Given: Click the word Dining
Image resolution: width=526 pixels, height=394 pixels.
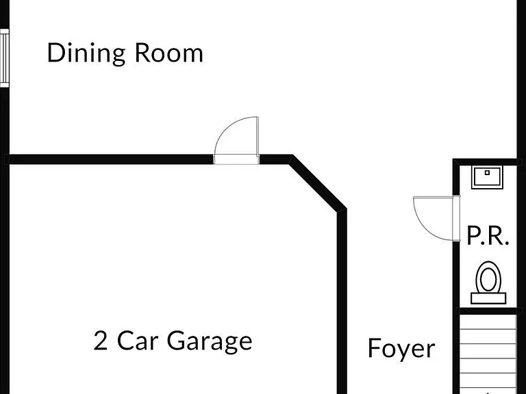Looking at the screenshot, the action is [x=86, y=53].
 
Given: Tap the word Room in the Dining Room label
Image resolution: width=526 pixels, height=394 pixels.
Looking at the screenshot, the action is [x=169, y=53].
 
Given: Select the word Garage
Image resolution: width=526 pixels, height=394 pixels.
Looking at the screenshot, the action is [x=210, y=341].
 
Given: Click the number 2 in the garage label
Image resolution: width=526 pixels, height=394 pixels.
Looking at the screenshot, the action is [x=100, y=341].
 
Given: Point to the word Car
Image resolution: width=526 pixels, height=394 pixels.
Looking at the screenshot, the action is [x=138, y=341].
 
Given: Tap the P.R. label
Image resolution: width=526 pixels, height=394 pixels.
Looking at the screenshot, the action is [x=488, y=236].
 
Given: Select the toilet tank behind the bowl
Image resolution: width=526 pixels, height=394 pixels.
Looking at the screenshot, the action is [x=488, y=298].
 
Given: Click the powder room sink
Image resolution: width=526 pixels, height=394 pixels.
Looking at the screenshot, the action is [x=487, y=177].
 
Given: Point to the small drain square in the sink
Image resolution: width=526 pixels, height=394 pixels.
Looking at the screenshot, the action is [x=487, y=172].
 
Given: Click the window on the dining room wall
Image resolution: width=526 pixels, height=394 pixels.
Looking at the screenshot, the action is [x=4, y=58].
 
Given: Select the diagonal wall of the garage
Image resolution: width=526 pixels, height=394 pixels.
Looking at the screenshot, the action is [x=318, y=183].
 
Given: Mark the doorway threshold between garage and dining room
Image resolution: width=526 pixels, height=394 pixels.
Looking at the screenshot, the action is [x=236, y=159].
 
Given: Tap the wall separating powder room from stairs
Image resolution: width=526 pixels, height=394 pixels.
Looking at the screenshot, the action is [x=488, y=311].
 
